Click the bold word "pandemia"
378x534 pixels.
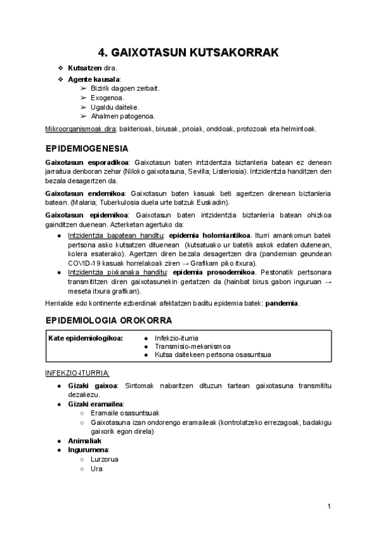pos(282,303)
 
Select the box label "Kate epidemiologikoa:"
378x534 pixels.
pos(86,338)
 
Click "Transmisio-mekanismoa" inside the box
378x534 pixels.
pos(193,346)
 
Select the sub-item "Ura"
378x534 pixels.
pos(96,469)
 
